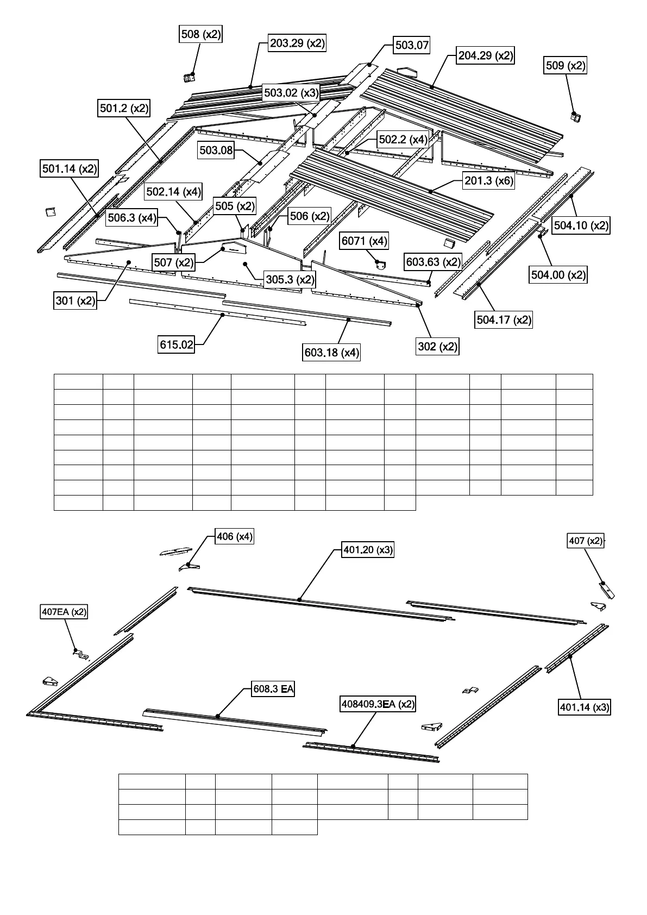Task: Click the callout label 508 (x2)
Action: [x=201, y=34]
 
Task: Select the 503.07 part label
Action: [x=412, y=45]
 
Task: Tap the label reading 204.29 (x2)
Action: [x=486, y=55]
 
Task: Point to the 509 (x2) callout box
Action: [x=566, y=66]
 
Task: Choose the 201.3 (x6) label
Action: [x=488, y=181]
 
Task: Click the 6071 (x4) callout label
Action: [x=365, y=241]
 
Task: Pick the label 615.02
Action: [x=177, y=344]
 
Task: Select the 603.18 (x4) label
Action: [x=331, y=353]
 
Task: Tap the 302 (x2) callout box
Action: [x=437, y=346]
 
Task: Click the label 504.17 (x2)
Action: [x=504, y=319]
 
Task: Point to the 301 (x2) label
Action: [x=76, y=300]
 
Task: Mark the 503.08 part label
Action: [x=216, y=151]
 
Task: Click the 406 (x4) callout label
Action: [x=234, y=537]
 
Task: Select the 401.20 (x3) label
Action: [x=368, y=550]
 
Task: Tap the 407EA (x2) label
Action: [x=64, y=612]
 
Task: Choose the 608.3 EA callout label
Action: [x=273, y=690]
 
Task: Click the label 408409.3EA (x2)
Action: [x=378, y=704]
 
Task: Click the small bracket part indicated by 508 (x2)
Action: [x=189, y=78]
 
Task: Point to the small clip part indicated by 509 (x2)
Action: [x=575, y=116]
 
